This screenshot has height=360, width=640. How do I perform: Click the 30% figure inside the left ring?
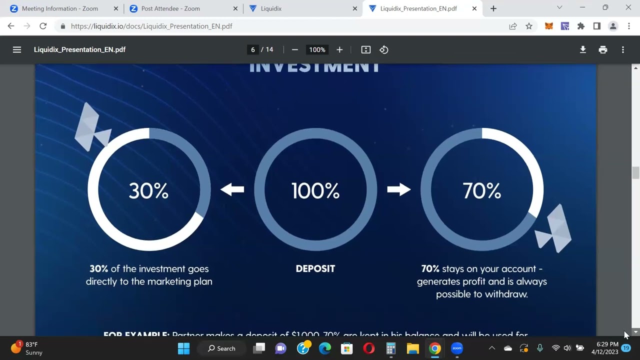click(148, 191)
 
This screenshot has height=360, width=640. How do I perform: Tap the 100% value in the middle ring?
click(315, 191)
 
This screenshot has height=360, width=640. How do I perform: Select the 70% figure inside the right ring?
click(481, 191)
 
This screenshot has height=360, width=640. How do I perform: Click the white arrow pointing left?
click(232, 189)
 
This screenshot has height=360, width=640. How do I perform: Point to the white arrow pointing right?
click(398, 189)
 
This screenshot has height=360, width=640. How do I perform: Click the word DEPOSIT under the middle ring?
click(315, 269)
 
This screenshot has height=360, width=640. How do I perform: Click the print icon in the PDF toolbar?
click(602, 49)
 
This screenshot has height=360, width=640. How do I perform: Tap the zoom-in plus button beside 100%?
click(339, 49)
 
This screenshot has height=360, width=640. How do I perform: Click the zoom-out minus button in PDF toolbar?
click(295, 49)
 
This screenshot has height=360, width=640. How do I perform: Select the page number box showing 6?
click(253, 49)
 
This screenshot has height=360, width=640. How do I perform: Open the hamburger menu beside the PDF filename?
click(17, 49)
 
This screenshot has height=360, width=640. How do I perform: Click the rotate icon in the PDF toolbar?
click(384, 49)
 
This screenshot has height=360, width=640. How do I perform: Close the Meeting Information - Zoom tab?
click(116, 8)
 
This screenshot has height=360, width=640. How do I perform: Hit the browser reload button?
click(43, 26)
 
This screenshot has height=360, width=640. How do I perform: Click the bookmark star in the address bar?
click(529, 26)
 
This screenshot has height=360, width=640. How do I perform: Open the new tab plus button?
click(493, 8)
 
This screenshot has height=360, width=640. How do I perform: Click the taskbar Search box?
click(221, 348)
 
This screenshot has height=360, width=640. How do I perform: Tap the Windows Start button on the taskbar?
click(183, 348)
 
